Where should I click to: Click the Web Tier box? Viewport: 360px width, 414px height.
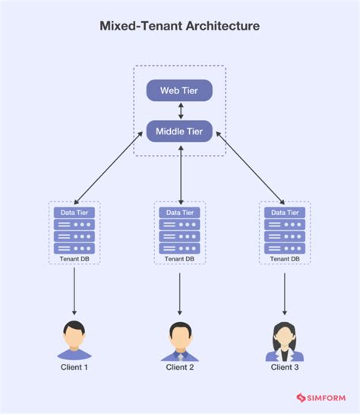pos(179,91)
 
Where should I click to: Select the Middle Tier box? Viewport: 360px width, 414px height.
pos(179,131)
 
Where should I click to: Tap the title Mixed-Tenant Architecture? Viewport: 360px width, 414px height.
pos(180,26)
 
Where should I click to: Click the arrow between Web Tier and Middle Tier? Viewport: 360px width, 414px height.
pos(180,111)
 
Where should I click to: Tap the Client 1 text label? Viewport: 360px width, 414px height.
pos(74,368)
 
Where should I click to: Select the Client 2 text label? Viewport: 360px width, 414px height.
pos(180,368)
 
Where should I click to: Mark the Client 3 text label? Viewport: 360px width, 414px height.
pos(285,368)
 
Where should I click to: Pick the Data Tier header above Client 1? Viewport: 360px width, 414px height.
pos(74,213)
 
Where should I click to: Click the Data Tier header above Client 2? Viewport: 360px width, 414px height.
pos(180,213)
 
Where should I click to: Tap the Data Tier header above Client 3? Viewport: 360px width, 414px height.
pos(285,213)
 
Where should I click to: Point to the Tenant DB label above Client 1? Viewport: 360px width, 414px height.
pos(74,259)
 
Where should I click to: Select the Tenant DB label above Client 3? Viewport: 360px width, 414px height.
pos(285,259)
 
